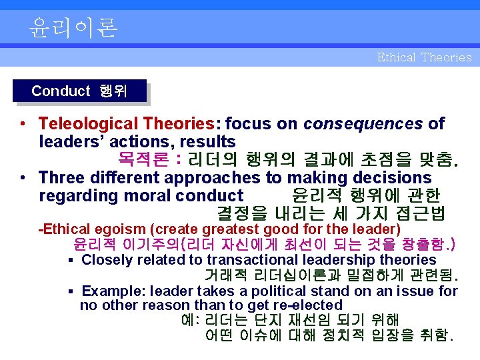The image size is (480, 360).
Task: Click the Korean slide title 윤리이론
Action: (73, 27)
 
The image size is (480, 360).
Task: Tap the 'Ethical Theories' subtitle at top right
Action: (424, 57)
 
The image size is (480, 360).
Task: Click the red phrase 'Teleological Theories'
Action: (125, 123)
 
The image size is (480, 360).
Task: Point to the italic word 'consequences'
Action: (363, 123)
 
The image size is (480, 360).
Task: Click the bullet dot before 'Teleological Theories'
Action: (23, 124)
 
